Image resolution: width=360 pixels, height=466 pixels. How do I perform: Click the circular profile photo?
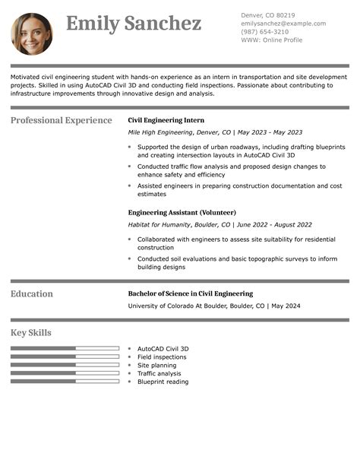coord(32,33)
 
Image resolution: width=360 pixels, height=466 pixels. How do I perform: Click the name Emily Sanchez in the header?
coord(134,24)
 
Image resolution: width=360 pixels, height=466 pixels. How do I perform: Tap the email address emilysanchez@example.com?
coord(283,24)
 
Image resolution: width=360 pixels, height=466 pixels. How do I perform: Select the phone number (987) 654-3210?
coord(264,32)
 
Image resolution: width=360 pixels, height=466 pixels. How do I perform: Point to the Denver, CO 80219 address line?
coord(268,15)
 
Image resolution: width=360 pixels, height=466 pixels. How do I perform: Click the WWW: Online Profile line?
coord(271,40)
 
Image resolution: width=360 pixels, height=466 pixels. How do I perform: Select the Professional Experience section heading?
coord(62,120)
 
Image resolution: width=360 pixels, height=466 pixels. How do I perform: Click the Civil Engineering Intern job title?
coord(166,120)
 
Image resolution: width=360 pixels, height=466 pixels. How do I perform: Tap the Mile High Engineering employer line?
coord(215,132)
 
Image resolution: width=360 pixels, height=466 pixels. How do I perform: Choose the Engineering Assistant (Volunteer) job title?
coord(182,212)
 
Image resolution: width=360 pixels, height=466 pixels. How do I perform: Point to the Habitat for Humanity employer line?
coord(219,225)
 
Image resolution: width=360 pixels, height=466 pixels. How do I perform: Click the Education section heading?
coord(32,293)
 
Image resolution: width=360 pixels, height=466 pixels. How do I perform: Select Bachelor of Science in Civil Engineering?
coord(190,293)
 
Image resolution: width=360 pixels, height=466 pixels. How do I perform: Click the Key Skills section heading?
coord(31,333)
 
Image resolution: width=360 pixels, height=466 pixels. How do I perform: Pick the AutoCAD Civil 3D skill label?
coord(163,349)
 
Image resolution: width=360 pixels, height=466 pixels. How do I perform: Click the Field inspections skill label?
coord(162,357)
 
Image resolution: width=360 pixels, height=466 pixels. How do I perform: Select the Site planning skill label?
coord(156,366)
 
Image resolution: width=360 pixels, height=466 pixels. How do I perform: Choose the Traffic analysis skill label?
coord(159,373)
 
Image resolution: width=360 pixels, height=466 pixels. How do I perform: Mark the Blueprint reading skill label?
coord(163,382)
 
